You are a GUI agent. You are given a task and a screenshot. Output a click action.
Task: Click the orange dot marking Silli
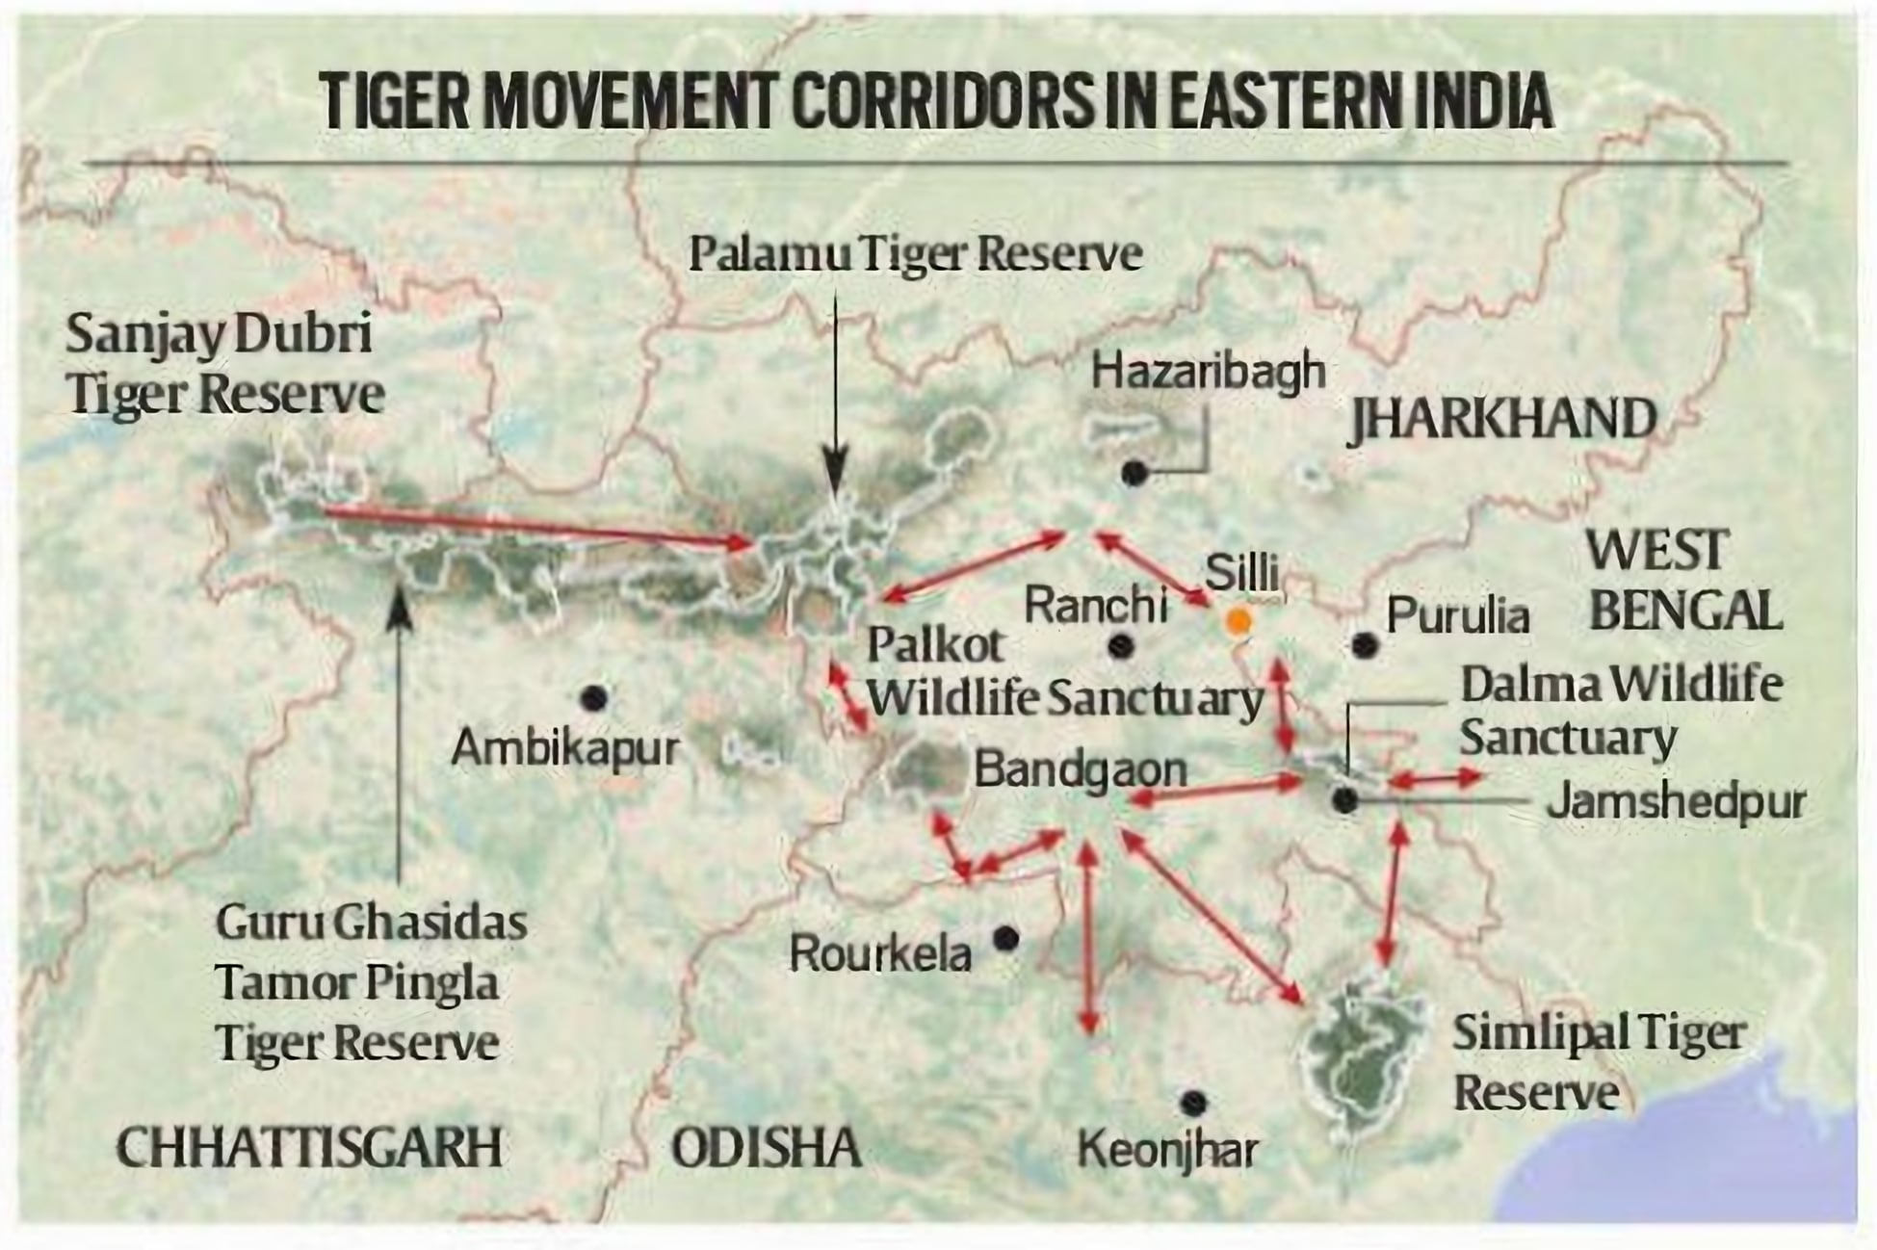[x=1238, y=622]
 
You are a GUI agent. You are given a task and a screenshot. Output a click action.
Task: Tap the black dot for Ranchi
[x=1120, y=646]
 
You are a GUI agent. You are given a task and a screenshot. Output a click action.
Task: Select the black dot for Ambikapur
[x=594, y=697]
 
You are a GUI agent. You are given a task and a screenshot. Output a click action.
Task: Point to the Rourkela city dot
[x=1006, y=937]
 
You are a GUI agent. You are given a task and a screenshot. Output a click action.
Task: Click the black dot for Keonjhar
[x=1193, y=1102]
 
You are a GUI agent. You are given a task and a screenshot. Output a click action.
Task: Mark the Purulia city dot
[x=1364, y=644]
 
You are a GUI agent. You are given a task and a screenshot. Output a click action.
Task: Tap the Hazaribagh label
[x=1208, y=372]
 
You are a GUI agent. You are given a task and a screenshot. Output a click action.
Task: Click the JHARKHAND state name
[x=1502, y=421]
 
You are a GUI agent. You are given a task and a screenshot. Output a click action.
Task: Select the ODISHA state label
[x=766, y=1148]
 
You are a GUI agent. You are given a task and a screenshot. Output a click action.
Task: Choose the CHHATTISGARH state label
[x=309, y=1147]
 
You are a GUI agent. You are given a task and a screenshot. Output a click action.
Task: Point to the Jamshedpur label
[x=1675, y=802]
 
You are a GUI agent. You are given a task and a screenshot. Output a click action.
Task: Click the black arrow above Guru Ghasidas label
[x=400, y=732]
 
